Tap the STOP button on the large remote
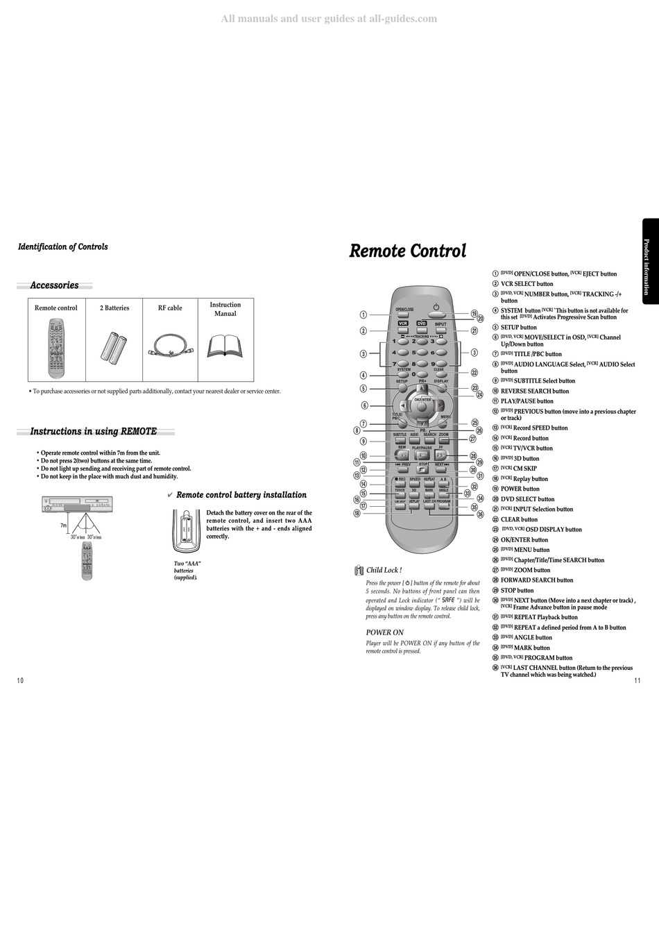(422, 470)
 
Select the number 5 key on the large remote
(414, 353)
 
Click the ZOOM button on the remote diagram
(444, 440)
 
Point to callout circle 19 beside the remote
(474, 314)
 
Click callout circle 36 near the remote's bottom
(479, 514)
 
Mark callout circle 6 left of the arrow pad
(364, 405)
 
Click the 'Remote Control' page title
(407, 251)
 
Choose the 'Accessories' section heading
(54, 285)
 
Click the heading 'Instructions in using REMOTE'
(93, 431)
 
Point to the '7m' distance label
(62, 526)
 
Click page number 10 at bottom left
(20, 680)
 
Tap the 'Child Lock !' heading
(384, 570)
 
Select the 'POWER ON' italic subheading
(384, 632)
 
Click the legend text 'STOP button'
(517, 591)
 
